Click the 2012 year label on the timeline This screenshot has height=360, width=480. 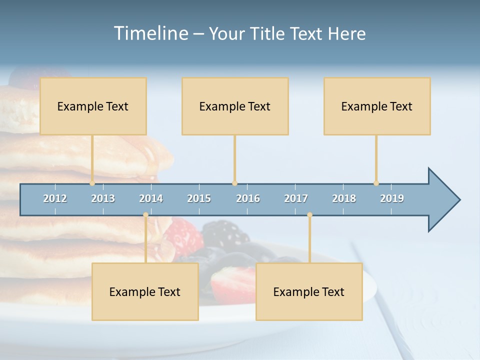(x=55, y=198)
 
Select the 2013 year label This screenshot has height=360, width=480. (x=103, y=198)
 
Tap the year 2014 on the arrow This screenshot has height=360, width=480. (x=151, y=198)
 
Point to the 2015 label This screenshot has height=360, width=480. (x=199, y=198)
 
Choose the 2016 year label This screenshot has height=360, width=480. (x=248, y=198)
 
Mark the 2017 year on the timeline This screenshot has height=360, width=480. (x=296, y=198)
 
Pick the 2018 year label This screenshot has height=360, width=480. (x=344, y=198)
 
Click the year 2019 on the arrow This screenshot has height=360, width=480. (x=392, y=198)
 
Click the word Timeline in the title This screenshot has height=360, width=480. (x=150, y=33)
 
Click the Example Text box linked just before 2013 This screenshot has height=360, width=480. (x=93, y=106)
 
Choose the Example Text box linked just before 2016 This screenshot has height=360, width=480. (x=235, y=106)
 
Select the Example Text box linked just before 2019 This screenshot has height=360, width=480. (x=377, y=106)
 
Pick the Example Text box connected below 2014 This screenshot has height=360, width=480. (x=145, y=291)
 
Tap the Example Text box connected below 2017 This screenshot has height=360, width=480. (x=309, y=291)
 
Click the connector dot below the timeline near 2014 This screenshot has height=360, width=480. (x=145, y=215)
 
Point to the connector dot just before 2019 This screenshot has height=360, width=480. (x=376, y=183)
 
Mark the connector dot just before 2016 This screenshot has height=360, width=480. (x=234, y=183)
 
